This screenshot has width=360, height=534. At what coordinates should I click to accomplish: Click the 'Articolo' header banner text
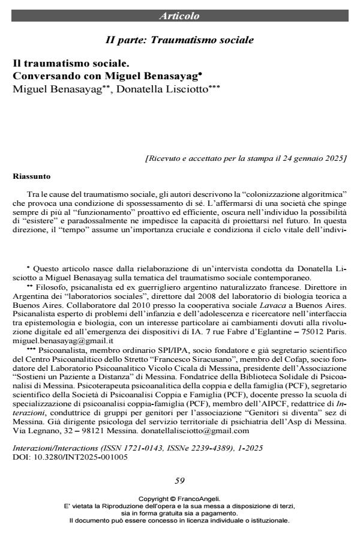pos(179,16)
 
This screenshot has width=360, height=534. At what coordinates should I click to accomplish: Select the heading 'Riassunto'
pos(32,177)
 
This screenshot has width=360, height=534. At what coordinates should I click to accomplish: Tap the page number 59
pos(179,480)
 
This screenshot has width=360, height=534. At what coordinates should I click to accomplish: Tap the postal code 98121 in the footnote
pos(94,430)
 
